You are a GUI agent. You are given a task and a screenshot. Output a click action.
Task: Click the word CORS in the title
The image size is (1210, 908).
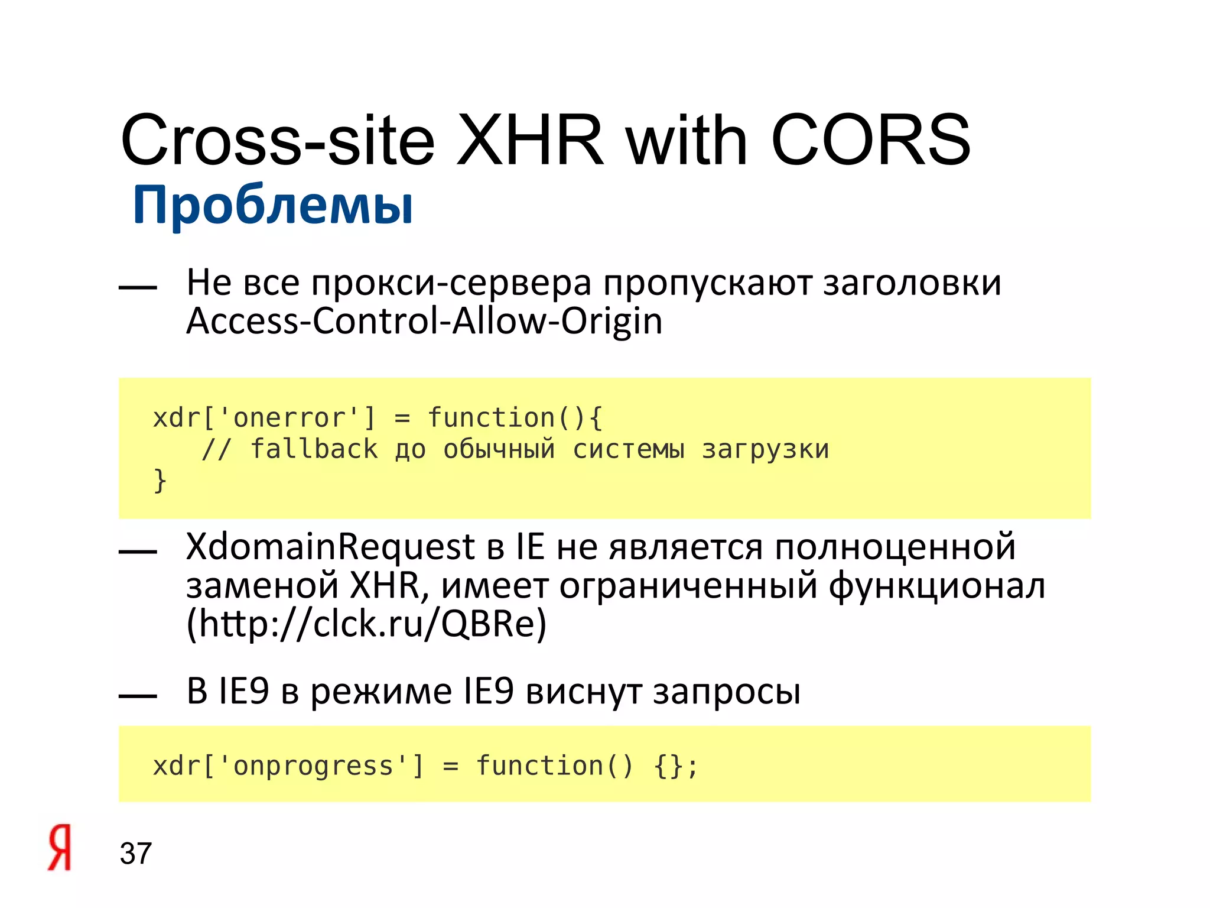click(x=870, y=141)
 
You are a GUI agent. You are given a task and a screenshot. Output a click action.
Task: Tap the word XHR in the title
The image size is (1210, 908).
click(x=530, y=141)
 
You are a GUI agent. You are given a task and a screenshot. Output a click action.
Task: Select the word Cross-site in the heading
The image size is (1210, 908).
click(x=278, y=141)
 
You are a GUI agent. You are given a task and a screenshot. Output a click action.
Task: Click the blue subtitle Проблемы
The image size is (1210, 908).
click(x=273, y=206)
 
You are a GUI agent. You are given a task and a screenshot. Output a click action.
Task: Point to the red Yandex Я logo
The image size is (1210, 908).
click(x=60, y=848)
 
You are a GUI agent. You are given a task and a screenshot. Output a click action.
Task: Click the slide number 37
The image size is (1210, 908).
click(x=136, y=854)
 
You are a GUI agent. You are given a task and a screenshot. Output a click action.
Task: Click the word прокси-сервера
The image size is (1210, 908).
click(x=451, y=283)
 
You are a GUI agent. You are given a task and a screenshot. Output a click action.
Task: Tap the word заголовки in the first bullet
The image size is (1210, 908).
click(x=912, y=283)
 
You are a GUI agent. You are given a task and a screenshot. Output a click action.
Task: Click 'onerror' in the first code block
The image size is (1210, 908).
click(x=289, y=418)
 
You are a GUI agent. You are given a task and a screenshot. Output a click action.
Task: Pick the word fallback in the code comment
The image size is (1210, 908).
click(x=314, y=449)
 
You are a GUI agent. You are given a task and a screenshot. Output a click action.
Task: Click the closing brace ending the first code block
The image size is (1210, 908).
click(x=160, y=480)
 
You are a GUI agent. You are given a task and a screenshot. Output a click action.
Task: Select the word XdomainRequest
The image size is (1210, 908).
click(x=330, y=547)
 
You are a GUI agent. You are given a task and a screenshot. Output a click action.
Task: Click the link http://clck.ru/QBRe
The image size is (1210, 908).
click(x=366, y=624)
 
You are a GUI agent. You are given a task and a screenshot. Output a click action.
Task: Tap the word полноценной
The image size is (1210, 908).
click(x=895, y=547)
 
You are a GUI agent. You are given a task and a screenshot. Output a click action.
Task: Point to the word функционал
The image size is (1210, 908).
click(x=937, y=586)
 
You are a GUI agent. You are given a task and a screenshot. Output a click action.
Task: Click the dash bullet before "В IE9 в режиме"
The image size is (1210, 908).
click(x=138, y=696)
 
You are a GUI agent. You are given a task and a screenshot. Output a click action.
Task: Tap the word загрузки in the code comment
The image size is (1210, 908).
click(x=766, y=449)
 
